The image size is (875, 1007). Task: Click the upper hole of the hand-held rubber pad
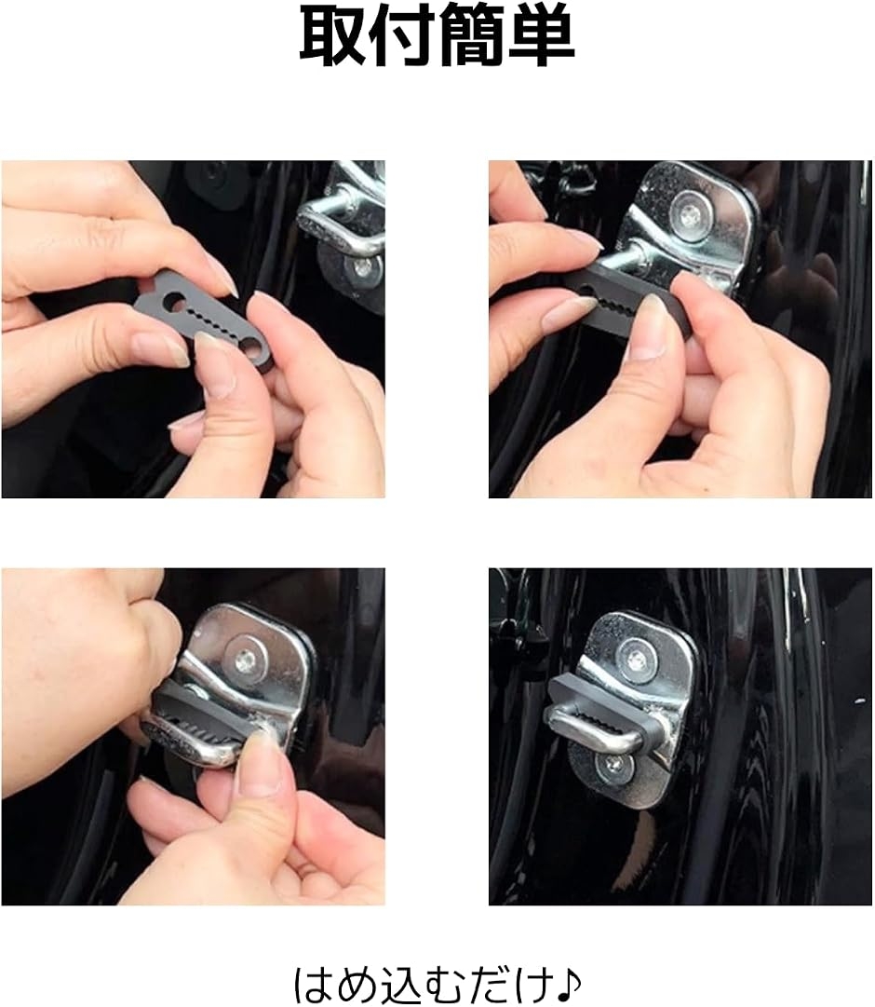tap(174, 299)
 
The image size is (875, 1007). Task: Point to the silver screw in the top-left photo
tap(364, 269)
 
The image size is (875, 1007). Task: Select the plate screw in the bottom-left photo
tap(246, 660)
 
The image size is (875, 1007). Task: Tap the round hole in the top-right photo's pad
tap(586, 292)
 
